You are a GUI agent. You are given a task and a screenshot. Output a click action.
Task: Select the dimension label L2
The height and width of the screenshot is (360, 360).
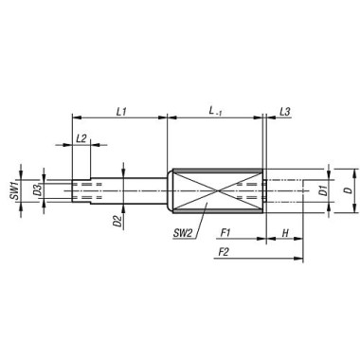pyautogui.click(x=82, y=138)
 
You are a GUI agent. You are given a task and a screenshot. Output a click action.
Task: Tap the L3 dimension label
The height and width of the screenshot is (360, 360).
pyautogui.click(x=284, y=111)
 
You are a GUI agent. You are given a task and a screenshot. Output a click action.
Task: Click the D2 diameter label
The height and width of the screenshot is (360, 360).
pyautogui.click(x=117, y=223)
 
